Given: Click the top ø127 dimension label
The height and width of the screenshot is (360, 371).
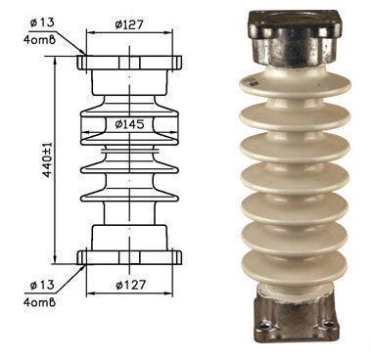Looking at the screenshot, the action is pos(129,24).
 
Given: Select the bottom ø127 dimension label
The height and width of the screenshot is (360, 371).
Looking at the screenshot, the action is pos(130,285).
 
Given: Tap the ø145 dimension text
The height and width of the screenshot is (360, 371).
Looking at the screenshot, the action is pos(129,124).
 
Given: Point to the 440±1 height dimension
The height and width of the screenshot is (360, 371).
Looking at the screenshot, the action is pos(48,160).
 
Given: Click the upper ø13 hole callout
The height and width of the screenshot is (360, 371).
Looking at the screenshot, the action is pos(42,22).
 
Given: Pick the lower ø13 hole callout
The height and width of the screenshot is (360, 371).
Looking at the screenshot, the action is pos(42,285).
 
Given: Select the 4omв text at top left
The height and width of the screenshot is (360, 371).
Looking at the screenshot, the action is pos(39,40).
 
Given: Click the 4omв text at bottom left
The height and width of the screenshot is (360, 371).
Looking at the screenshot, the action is pos(39,302).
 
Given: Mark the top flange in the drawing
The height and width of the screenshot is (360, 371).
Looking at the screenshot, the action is pos(129,63).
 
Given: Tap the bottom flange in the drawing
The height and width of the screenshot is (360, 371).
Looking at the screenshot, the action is pos(129,257).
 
